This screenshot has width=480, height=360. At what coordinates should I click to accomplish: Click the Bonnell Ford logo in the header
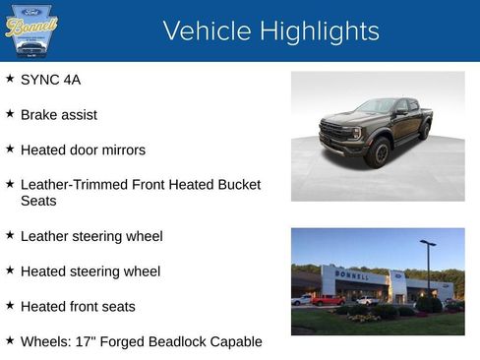(31, 30)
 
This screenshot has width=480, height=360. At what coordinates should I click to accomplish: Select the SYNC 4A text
(50, 80)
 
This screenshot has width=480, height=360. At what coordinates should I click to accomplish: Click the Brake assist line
(58, 115)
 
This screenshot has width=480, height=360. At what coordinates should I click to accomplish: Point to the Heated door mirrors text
(83, 150)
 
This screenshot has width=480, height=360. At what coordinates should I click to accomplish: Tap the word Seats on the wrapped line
(38, 201)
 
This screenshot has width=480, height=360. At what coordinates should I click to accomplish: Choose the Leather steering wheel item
(91, 236)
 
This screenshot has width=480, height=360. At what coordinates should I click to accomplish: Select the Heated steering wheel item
(90, 271)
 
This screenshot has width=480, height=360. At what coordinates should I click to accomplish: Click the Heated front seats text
(78, 307)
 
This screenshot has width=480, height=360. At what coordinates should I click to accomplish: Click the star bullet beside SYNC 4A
(10, 79)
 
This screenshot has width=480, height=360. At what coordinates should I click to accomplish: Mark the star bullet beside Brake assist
(10, 114)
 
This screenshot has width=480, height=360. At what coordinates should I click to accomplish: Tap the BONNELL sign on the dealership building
(352, 275)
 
